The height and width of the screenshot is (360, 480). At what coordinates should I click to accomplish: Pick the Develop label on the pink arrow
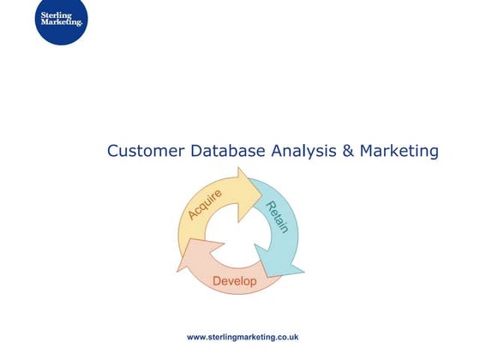click(x=235, y=281)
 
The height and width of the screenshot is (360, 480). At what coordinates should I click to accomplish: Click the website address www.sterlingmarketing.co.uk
click(x=243, y=337)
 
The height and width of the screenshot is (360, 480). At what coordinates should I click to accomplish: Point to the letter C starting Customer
click(x=112, y=151)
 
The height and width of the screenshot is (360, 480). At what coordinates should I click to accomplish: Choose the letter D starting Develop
click(x=217, y=281)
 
